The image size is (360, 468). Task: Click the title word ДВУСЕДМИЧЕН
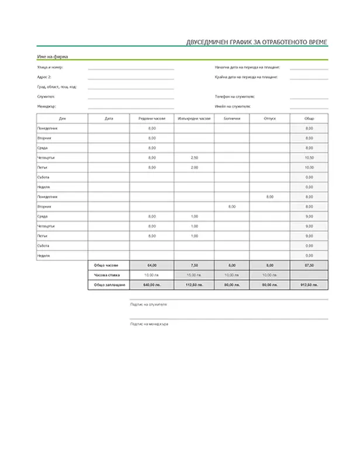click(204, 42)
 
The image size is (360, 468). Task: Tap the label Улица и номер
click(49, 67)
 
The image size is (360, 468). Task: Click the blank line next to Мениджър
click(131, 107)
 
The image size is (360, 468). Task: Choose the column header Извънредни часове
click(193, 118)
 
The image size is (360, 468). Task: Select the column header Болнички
click(231, 118)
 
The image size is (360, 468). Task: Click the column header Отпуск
click(270, 118)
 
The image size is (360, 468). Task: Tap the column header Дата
click(109, 118)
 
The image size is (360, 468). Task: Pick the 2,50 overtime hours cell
click(194, 158)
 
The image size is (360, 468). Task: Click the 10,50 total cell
click(309, 158)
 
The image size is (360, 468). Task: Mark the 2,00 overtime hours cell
click(194, 167)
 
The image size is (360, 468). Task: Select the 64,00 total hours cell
click(152, 265)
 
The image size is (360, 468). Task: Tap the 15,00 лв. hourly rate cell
click(194, 275)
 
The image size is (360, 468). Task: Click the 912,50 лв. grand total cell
click(309, 285)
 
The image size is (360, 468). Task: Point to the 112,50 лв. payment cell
click(194, 285)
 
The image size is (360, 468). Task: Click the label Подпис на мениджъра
click(149, 324)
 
